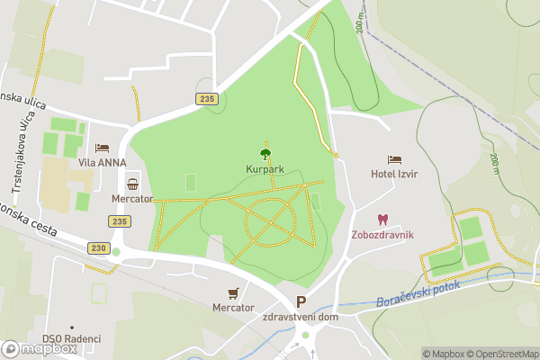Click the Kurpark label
click(265, 168)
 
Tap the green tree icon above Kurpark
click(265, 154)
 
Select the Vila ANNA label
click(101, 163)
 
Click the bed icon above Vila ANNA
click(102, 148)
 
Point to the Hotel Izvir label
click(394, 174)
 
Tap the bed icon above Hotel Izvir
click(394, 159)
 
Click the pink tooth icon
click(382, 220)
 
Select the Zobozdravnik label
click(382, 235)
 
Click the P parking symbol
click(301, 303)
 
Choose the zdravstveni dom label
click(301, 318)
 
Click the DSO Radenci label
click(71, 338)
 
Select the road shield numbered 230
click(99, 247)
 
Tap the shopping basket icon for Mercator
click(133, 184)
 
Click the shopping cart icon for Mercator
click(234, 292)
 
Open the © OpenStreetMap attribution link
click(499, 354)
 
